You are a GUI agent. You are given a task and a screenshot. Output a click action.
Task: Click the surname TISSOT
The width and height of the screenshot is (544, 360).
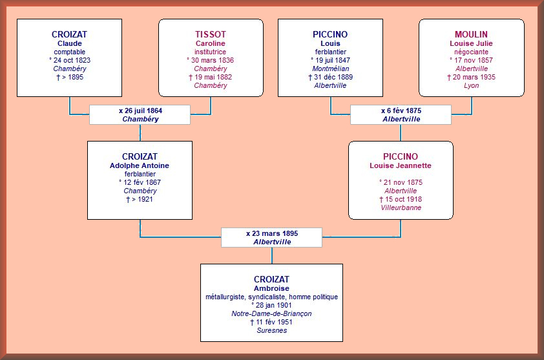point(210,34)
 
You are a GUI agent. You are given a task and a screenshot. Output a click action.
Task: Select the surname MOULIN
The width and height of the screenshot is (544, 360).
point(471,34)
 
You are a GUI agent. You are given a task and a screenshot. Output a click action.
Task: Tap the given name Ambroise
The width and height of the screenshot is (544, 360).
point(271,288)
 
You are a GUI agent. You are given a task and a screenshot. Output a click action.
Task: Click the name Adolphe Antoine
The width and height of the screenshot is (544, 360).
point(140,165)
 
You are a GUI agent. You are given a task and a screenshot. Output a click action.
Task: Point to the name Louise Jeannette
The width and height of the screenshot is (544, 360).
point(401,165)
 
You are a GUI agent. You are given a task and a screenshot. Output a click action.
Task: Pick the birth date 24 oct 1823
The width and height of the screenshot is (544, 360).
point(72,60)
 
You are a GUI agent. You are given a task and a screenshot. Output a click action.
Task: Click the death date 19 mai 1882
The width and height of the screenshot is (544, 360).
point(213,77)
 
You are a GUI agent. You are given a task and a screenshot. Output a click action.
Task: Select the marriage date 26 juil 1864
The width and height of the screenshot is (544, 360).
point(143,111)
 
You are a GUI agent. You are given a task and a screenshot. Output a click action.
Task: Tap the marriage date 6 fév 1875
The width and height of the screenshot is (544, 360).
point(404,111)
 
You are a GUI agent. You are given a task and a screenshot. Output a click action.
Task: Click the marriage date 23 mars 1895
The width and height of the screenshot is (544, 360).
point(275,233)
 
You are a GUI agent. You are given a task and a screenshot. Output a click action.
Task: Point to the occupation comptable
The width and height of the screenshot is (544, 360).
point(69,52)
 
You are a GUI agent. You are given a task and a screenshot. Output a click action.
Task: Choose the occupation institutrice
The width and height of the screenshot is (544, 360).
point(210,52)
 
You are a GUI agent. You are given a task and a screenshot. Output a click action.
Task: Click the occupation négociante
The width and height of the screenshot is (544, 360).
point(471,52)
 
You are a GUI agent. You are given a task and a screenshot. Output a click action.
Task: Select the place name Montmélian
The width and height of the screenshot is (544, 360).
point(331,69)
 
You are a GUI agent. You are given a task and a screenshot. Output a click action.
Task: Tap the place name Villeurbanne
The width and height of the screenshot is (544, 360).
point(401,207)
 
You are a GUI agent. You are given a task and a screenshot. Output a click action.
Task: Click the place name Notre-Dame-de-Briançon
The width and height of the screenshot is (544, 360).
point(271,313)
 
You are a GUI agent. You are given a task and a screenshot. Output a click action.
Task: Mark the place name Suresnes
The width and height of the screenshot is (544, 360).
point(271,330)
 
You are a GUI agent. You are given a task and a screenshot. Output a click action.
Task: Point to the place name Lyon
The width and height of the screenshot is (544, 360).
point(471,86)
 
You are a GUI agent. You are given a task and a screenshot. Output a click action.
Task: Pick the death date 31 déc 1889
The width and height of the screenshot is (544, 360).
point(333,77)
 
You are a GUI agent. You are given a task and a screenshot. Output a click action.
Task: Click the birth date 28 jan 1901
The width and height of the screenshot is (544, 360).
point(274,305)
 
